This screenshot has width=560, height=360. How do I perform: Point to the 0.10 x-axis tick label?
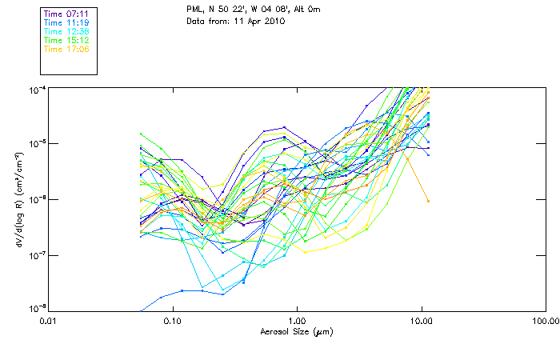173,321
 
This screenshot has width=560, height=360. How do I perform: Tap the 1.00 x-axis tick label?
297,321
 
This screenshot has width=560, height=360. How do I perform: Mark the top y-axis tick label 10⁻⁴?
37,88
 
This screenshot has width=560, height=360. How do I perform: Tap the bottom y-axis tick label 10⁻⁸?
37,309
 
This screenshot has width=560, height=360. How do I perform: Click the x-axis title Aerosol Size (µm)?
297,331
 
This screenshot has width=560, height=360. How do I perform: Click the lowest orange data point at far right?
428,201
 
